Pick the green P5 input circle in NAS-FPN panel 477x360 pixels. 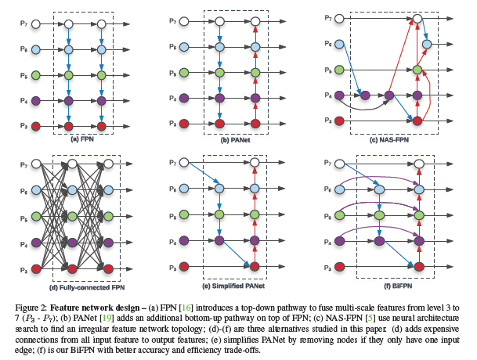[340, 70]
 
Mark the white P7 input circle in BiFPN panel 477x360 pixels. [340, 163]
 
